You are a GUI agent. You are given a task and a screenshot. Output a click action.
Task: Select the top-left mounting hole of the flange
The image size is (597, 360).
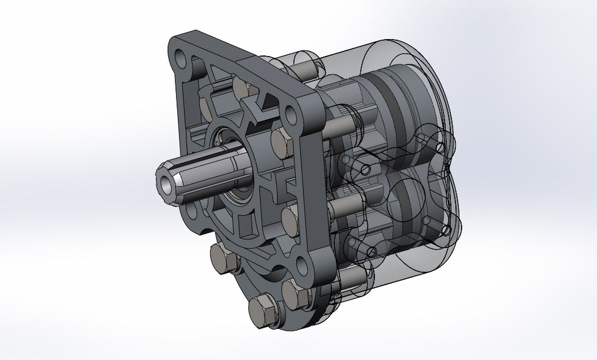[x=182, y=60]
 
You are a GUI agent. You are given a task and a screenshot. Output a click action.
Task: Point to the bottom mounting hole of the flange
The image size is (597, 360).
[x=303, y=267]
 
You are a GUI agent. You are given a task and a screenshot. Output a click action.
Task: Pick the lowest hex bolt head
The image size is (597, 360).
[x=259, y=311]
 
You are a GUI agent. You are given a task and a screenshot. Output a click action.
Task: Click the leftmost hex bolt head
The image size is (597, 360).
[x=221, y=256]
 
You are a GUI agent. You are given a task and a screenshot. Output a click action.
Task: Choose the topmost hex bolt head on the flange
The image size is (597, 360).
[x=241, y=87]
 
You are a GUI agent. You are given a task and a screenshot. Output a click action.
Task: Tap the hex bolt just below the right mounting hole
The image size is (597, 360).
[x=280, y=144]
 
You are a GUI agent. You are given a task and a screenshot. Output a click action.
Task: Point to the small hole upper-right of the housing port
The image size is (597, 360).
[x=440, y=147]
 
